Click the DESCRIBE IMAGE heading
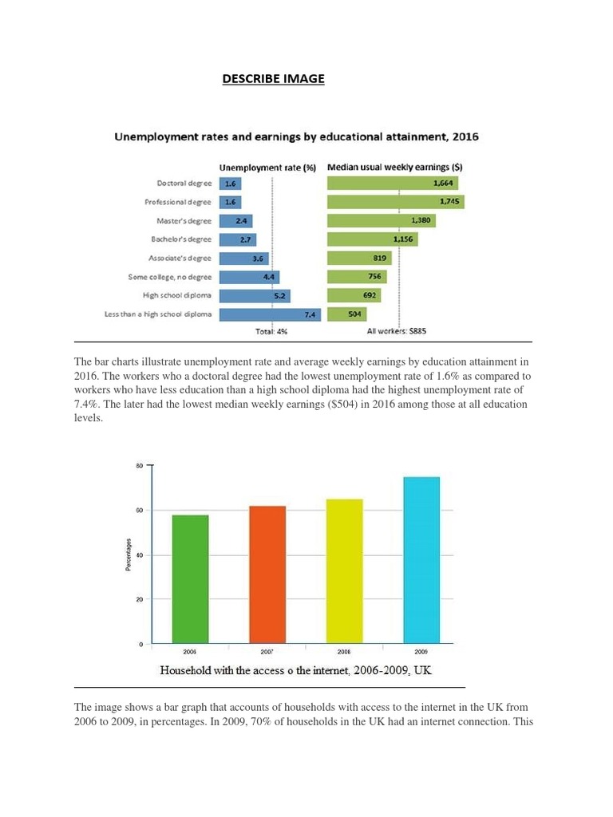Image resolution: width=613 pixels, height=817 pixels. [x=273, y=79]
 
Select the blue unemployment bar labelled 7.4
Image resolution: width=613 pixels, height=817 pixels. [x=269, y=314]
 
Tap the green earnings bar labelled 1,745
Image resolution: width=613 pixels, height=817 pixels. [x=395, y=202]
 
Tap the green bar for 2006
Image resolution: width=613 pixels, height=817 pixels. [x=190, y=579]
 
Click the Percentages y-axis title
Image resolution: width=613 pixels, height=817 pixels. [x=129, y=555]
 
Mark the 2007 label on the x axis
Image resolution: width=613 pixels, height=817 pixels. [x=267, y=652]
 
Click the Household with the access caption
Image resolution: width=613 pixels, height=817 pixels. [x=296, y=671]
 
